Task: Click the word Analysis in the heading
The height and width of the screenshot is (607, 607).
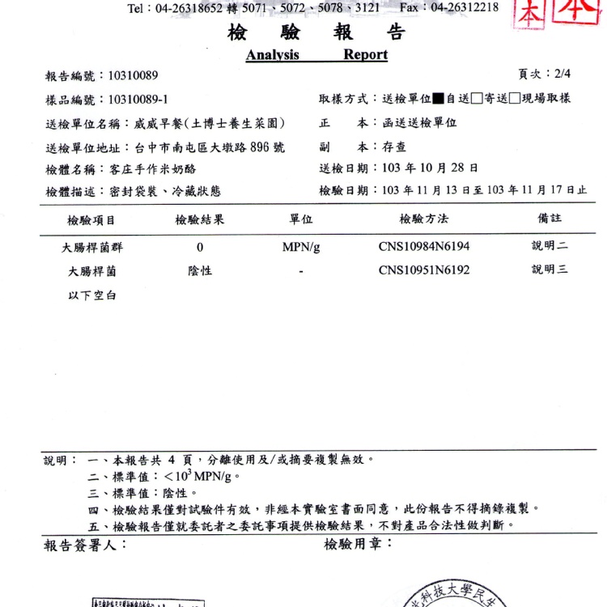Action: pyautogui.click(x=273, y=55)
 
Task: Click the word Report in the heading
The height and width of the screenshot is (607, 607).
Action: pyautogui.click(x=365, y=55)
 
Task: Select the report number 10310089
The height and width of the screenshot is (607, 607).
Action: pyautogui.click(x=127, y=76)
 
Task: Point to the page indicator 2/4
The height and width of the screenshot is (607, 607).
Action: pyautogui.click(x=562, y=74)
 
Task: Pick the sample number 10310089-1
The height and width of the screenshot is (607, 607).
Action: pyautogui.click(x=132, y=100)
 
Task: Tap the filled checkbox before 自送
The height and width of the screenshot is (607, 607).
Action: pyautogui.click(x=439, y=99)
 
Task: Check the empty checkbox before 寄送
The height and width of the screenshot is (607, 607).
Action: pyautogui.click(x=478, y=99)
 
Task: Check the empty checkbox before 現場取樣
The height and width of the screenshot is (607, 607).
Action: pyautogui.click(x=515, y=99)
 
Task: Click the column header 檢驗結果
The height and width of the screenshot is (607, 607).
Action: pyautogui.click(x=200, y=219)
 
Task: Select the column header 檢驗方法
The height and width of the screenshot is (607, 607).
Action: pyautogui.click(x=423, y=219)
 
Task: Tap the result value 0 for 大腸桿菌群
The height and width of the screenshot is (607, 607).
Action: pyautogui.click(x=200, y=247)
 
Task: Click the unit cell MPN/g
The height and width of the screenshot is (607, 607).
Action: pyautogui.click(x=301, y=247)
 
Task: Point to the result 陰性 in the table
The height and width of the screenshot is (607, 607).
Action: pyautogui.click(x=200, y=271)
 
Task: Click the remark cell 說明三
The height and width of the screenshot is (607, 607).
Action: pyautogui.click(x=550, y=270)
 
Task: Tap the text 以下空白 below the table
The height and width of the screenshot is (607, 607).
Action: pyautogui.click(x=92, y=295)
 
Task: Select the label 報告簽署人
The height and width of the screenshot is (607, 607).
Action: pyautogui.click(x=84, y=545)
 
